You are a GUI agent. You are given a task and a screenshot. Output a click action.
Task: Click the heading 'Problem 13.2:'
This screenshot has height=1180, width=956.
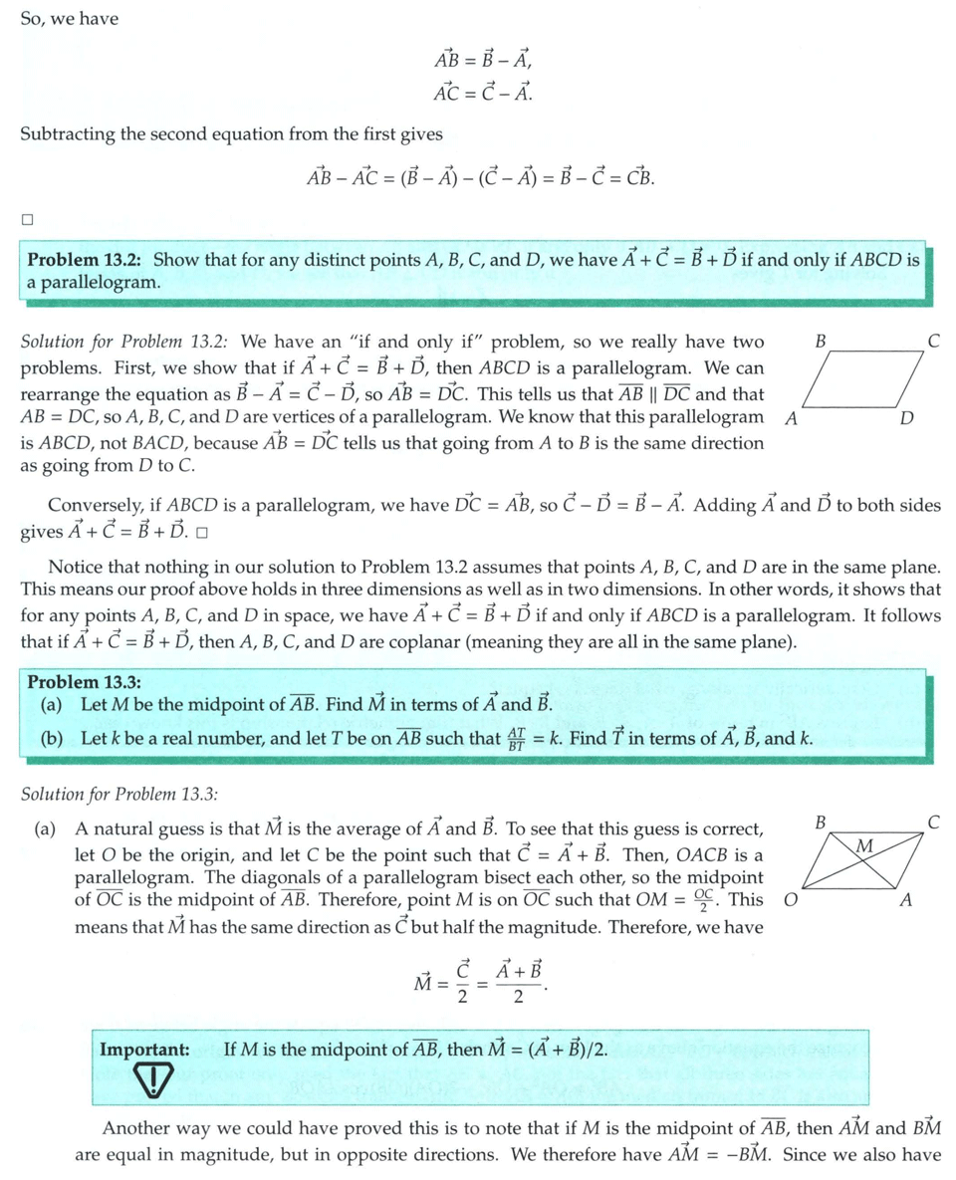point(84,261)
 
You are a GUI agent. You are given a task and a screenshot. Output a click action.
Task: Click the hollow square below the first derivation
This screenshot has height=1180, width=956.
point(28,219)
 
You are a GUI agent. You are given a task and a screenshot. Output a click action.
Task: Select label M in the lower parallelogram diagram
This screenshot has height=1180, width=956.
point(864,846)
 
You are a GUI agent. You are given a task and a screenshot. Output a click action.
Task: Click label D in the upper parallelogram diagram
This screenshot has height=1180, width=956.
point(905,418)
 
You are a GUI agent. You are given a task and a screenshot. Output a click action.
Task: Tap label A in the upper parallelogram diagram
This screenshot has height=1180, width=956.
point(790,418)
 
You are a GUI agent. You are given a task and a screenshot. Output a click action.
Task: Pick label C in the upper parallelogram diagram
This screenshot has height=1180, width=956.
point(933,342)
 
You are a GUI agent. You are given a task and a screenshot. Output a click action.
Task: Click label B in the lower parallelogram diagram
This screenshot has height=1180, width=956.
point(820,823)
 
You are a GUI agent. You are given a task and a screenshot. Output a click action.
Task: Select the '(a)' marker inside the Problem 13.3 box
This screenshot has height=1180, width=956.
point(52,705)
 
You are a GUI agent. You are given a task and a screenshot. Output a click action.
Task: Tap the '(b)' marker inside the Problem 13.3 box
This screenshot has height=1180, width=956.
point(52,739)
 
